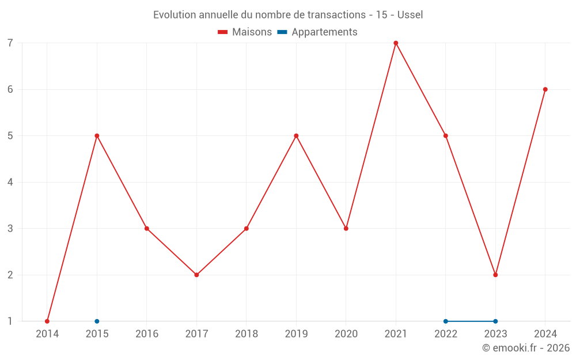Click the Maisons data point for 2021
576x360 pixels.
396,43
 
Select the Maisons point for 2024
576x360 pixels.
545,89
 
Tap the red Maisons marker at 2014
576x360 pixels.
47,321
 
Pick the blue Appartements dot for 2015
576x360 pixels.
97,321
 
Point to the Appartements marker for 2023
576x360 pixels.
495,321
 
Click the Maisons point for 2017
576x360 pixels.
196,275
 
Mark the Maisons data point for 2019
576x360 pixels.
296,136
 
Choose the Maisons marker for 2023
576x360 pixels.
495,275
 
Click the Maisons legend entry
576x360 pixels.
245,32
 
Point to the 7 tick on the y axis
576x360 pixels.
10,43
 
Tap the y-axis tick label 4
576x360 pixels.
10,182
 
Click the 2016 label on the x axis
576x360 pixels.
147,334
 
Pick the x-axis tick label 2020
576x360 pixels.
346,334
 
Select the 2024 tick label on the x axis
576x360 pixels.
545,334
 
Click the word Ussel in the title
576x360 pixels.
410,15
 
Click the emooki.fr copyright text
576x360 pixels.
526,348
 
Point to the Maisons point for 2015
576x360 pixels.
97,136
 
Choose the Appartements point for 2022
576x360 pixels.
446,321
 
